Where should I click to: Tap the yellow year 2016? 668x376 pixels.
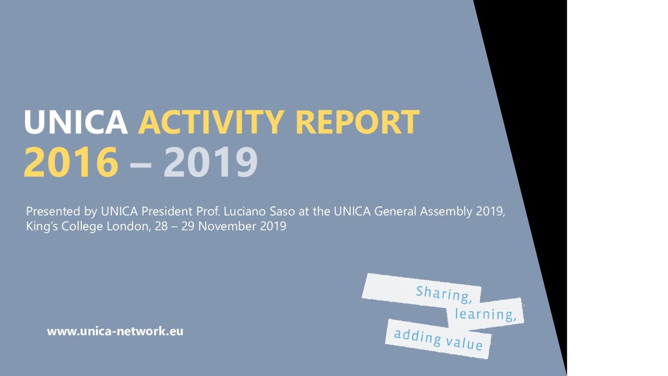[71, 163]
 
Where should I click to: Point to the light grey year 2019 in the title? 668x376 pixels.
[210, 163]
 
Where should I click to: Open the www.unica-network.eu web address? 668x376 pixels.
[115, 332]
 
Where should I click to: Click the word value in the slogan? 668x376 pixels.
[464, 343]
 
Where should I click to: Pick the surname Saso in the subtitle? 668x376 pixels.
[282, 211]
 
